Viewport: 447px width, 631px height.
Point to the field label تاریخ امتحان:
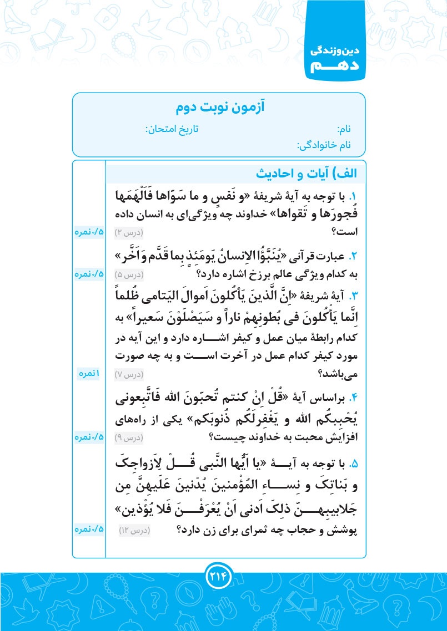[172, 129]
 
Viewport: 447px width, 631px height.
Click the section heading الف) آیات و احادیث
[307, 174]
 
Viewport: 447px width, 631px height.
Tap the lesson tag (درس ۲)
[129, 232]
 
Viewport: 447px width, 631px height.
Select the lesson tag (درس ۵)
[129, 274]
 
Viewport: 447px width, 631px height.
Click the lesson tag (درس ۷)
[129, 374]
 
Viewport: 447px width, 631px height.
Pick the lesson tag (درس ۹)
[129, 438]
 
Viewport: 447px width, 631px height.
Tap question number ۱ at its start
[351, 196]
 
